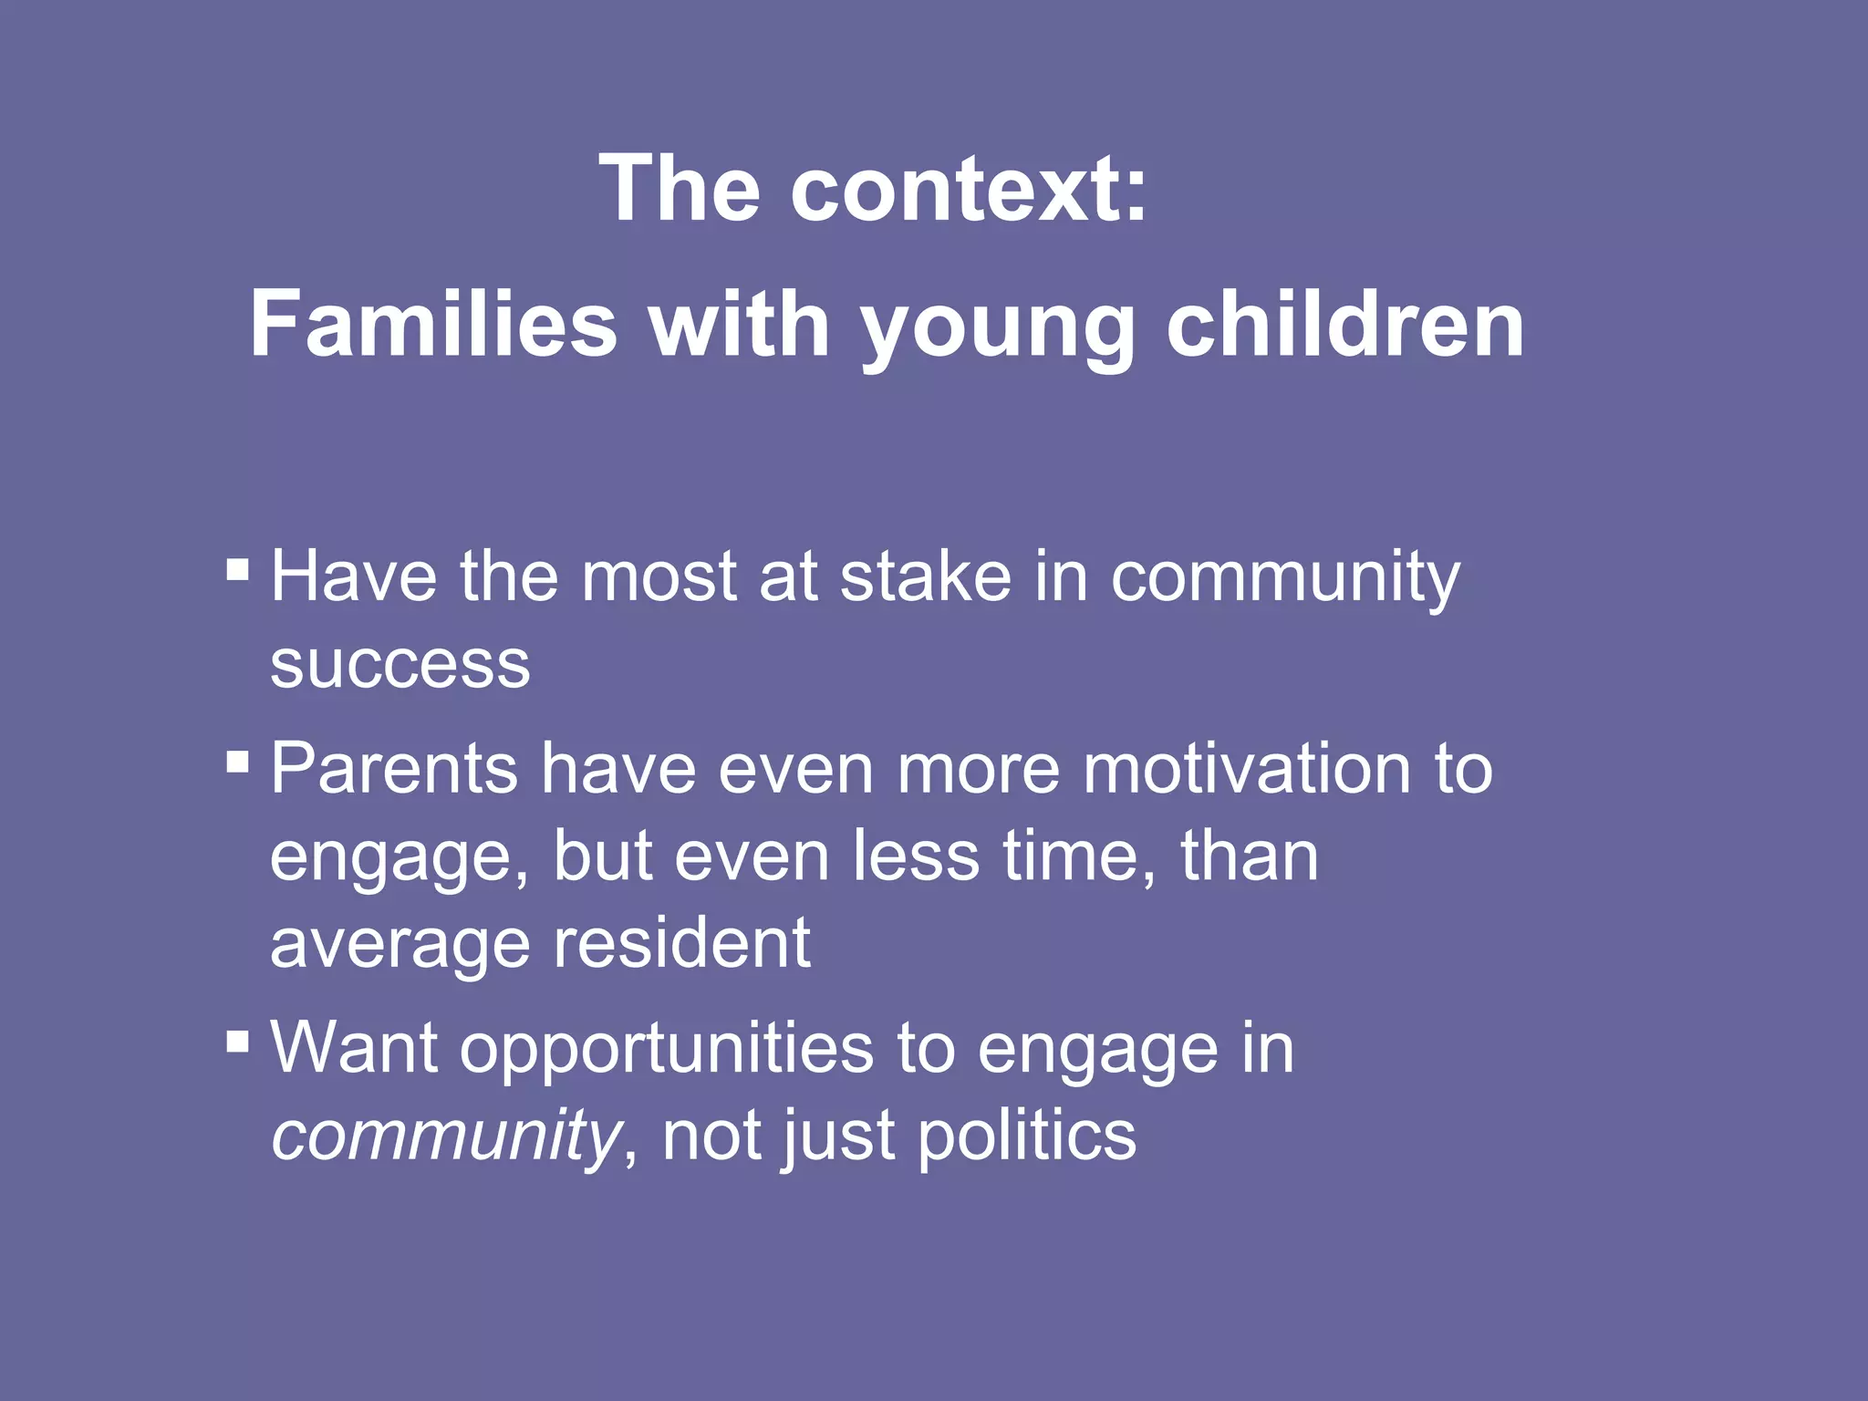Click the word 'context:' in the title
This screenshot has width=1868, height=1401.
[968, 189]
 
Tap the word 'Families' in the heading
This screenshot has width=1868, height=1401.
[433, 325]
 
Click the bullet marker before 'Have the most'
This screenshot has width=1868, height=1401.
[237, 570]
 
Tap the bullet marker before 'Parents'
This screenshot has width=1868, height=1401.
[237, 762]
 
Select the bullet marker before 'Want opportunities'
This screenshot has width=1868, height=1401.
[237, 1041]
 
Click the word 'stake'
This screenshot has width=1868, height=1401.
[925, 578]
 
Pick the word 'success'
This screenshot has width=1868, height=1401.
[400, 666]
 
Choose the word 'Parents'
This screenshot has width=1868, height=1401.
[394, 769]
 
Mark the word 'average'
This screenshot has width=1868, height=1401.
[400, 946]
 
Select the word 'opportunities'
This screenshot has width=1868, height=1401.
[667, 1051]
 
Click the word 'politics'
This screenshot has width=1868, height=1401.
[1026, 1137]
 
